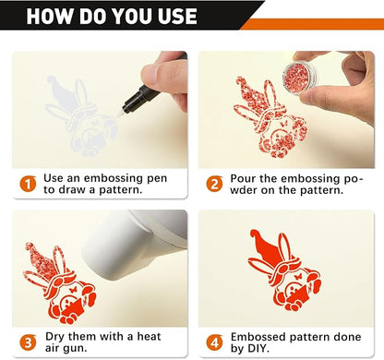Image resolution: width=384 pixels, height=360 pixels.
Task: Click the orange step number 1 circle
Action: [28, 184]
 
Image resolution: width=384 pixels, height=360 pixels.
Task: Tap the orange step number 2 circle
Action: [214, 184]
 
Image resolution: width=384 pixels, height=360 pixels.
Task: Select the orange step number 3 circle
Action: [28, 342]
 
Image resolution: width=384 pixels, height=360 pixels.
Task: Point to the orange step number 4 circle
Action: [214, 342]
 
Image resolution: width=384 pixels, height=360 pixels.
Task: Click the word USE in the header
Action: [177, 16]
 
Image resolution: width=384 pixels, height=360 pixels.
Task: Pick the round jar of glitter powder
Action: [299, 78]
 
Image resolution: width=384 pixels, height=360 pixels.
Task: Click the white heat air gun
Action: [136, 243]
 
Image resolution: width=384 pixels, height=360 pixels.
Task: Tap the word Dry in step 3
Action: [55, 336]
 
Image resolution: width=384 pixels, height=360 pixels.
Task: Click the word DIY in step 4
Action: [257, 348]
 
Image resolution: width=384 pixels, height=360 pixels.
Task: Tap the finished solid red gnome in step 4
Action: [284, 270]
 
